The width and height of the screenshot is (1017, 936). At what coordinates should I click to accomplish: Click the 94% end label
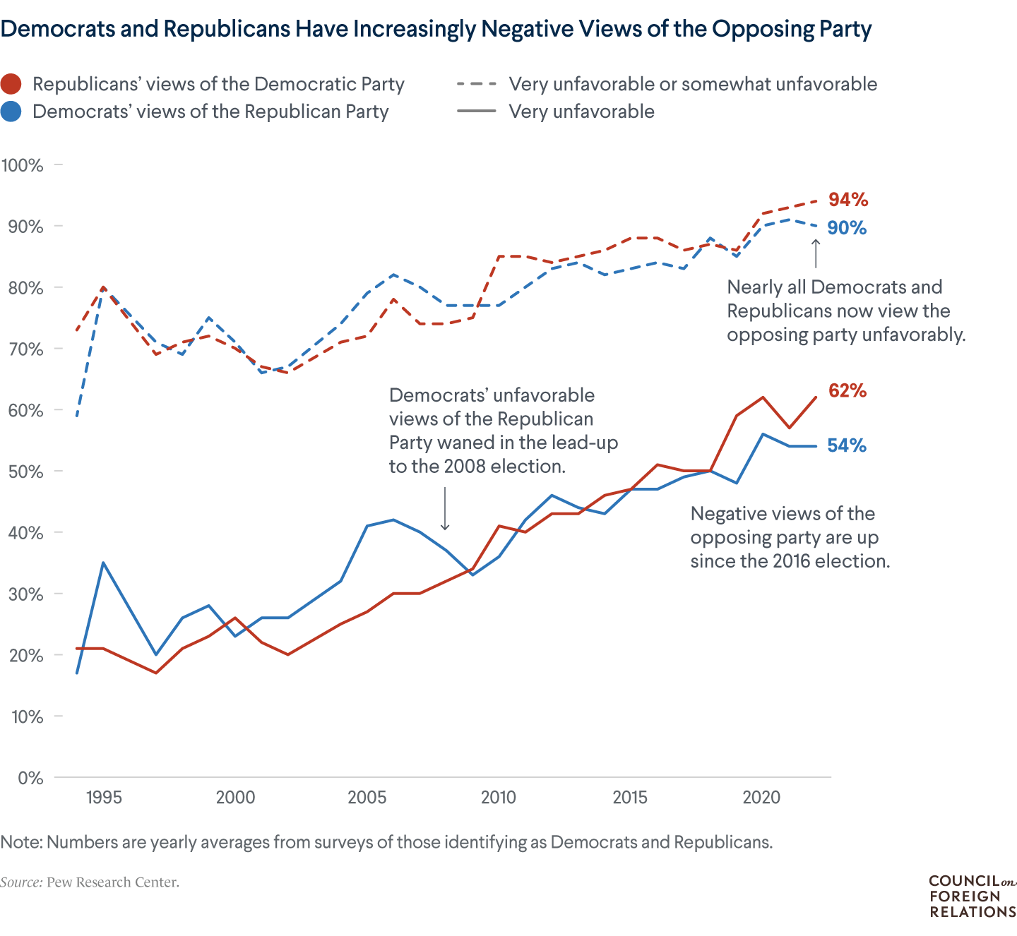coord(848,200)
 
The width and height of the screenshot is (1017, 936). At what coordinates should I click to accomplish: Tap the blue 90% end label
coord(847,228)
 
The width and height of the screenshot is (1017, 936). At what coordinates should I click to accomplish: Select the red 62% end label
coord(847,390)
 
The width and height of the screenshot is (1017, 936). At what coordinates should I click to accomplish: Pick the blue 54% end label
coord(847,445)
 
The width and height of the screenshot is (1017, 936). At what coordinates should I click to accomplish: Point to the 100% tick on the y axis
coord(23,165)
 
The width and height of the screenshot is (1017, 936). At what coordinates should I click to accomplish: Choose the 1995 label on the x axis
coord(104,798)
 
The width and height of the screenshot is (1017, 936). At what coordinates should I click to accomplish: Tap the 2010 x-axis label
coord(499,798)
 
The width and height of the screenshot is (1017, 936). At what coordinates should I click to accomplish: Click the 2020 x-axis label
coord(761,798)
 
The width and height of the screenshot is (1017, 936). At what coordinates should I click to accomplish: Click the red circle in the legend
coord(11,84)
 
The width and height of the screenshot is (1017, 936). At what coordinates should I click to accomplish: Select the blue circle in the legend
coord(11,112)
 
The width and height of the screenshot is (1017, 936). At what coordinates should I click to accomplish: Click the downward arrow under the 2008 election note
coord(445,508)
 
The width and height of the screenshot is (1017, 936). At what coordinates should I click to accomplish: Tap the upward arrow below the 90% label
coord(816,254)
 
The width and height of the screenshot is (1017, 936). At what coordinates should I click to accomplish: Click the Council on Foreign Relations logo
coord(973,896)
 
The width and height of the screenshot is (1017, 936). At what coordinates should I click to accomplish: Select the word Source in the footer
coord(20,882)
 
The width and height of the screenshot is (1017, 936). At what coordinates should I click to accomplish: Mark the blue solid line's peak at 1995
coord(103,563)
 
